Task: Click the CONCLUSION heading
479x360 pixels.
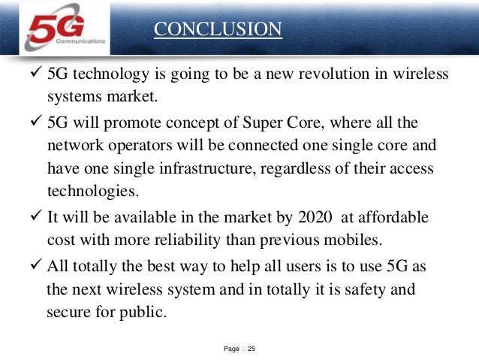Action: (218, 29)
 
